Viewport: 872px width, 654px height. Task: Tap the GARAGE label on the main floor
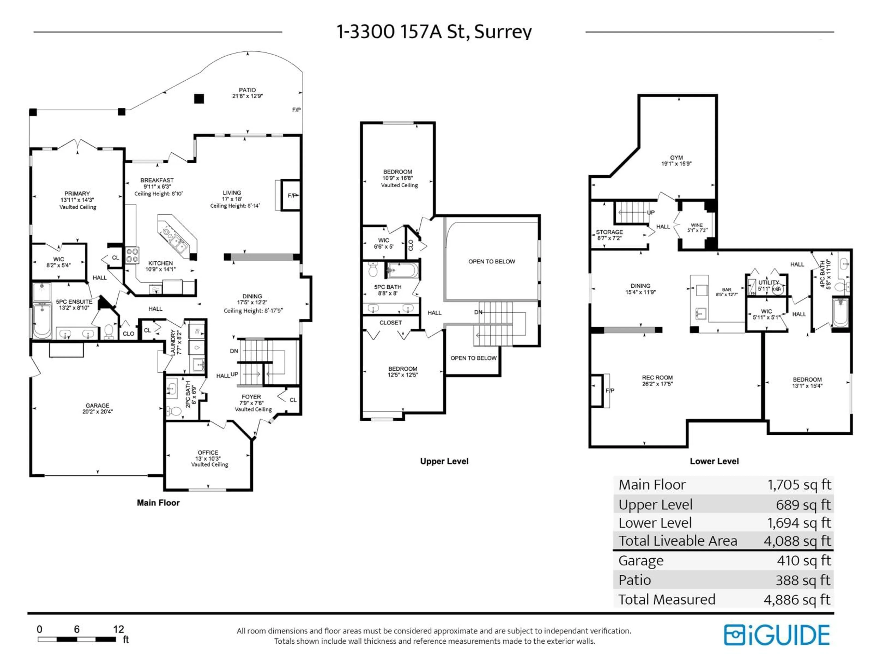(97, 406)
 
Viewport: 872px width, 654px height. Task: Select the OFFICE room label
(208, 453)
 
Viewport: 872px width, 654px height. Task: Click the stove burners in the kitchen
(132, 255)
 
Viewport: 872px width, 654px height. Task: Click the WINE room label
(696, 225)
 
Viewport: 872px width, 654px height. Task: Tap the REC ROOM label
(657, 378)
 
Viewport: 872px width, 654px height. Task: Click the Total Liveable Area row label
(678, 541)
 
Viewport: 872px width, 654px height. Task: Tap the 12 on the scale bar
(118, 629)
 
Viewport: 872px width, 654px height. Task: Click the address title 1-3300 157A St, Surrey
(434, 32)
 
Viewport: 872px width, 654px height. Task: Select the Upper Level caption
(444, 461)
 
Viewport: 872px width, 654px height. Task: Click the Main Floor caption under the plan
(158, 503)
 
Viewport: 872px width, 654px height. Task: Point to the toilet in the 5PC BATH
(373, 270)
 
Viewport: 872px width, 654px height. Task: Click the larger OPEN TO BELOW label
(492, 261)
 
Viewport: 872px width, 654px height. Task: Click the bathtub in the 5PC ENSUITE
(42, 320)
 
